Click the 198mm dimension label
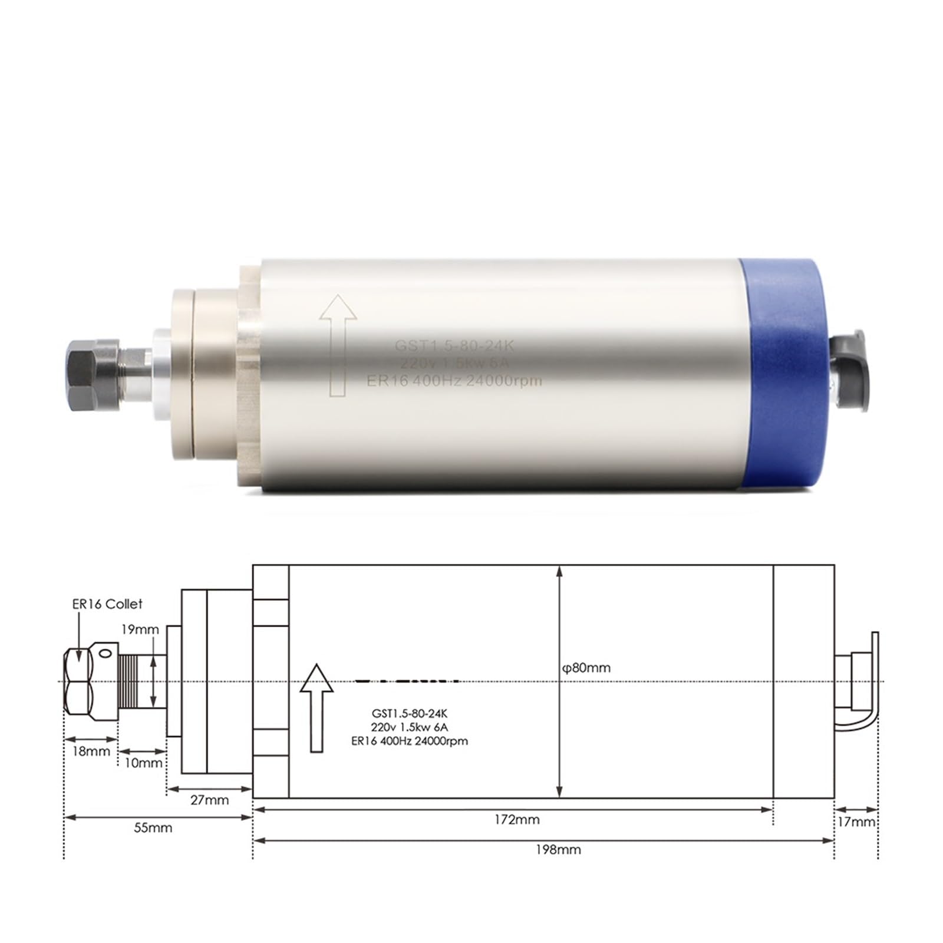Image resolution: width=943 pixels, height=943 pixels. (x=558, y=850)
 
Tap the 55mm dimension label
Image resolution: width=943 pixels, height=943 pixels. (x=153, y=828)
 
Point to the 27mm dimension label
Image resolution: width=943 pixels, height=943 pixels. (x=209, y=800)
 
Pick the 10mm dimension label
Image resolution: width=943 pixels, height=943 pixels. (x=143, y=763)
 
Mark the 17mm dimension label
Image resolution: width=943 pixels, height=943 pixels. (x=856, y=822)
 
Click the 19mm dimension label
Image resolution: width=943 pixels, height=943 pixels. (x=140, y=629)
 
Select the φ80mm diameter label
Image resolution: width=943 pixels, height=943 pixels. (x=585, y=668)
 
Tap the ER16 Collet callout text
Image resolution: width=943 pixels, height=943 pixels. (x=107, y=604)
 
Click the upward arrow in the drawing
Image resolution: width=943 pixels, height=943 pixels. (x=317, y=707)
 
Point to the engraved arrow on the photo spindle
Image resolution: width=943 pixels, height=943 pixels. (x=338, y=345)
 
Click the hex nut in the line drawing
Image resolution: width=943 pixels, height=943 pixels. (x=78, y=682)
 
